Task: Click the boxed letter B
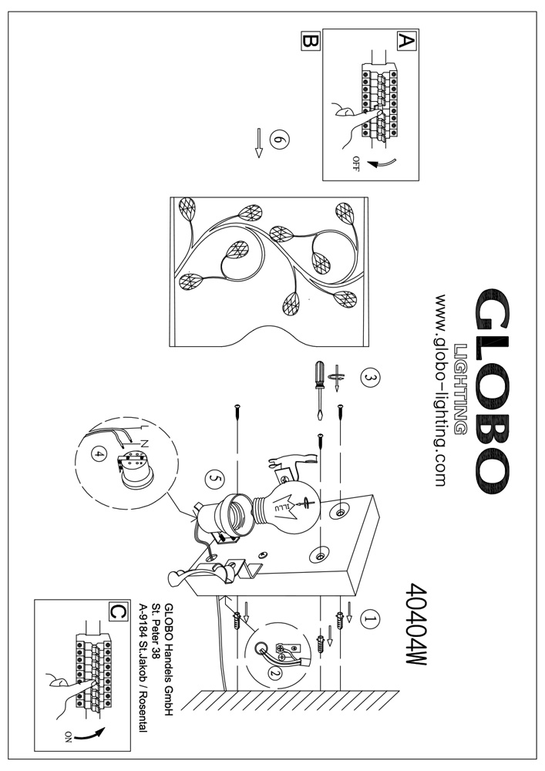(309, 42)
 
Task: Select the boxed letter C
(117, 611)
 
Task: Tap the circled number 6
(280, 140)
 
